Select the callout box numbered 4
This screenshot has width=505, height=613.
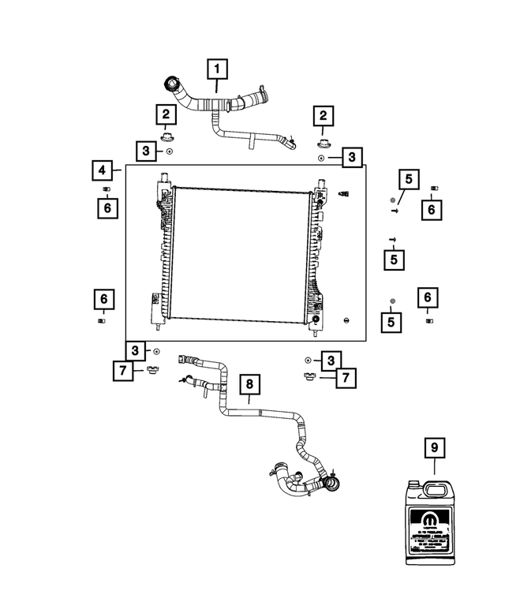(100, 170)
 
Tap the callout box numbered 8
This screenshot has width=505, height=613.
(249, 384)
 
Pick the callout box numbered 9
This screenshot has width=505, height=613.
(432, 447)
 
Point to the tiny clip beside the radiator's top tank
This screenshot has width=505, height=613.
(343, 193)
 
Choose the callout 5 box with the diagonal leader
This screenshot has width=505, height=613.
(408, 180)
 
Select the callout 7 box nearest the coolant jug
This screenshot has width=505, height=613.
(343, 378)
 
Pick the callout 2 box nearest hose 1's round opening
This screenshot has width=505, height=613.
(166, 115)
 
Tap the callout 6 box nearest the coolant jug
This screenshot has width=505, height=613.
(427, 298)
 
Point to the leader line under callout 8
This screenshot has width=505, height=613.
(249, 400)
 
